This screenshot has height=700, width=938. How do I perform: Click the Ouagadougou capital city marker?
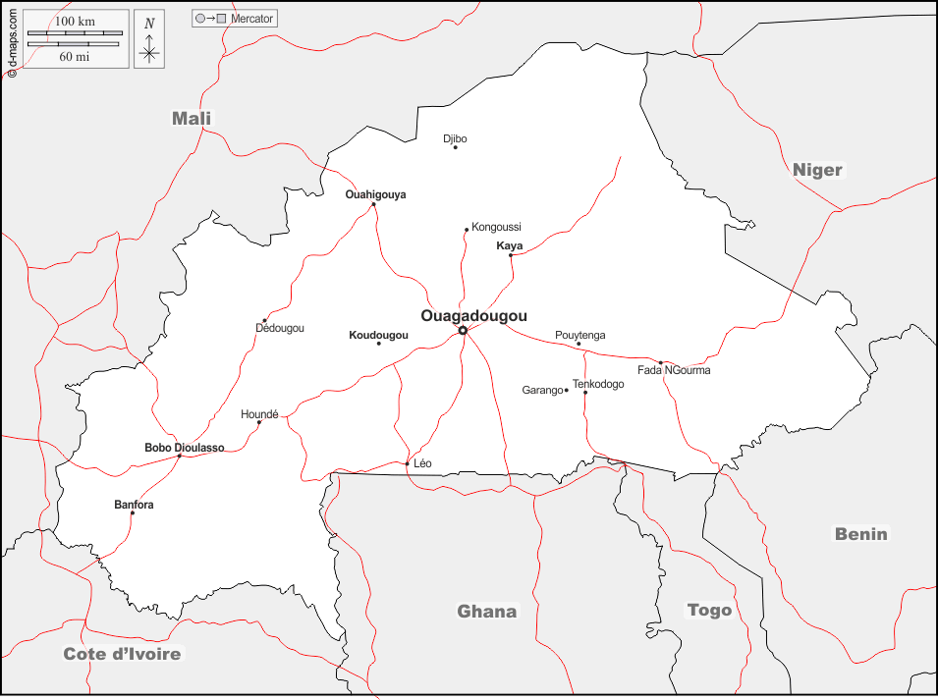pos(463,330)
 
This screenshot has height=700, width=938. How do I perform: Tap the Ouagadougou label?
pos(473,315)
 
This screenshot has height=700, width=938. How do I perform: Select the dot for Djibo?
pos(455,147)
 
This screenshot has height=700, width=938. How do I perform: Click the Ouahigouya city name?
pos(375,194)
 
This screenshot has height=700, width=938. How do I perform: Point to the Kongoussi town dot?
pos(467,230)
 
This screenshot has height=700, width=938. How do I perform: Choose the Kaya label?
pos(510,245)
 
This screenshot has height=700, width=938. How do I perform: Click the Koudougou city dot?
pos(378,343)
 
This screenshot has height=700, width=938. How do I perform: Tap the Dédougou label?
pos(280,328)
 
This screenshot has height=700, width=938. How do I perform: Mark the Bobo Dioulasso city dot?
pos(179,456)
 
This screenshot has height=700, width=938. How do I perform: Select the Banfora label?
pos(134,505)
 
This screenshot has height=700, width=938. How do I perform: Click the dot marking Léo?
pos(407,463)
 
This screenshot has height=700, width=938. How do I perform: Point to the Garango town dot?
pos(566,390)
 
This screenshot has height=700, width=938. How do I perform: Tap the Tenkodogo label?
pos(598,384)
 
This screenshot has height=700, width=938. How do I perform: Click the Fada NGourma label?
pos(674,370)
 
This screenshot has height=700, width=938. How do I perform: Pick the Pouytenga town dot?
pos(579,344)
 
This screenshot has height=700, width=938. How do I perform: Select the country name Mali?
pos(192,119)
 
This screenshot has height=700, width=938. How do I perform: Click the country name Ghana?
pos(486,612)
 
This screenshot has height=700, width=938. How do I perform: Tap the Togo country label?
pos(709,610)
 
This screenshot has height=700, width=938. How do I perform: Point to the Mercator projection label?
pos(252,19)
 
